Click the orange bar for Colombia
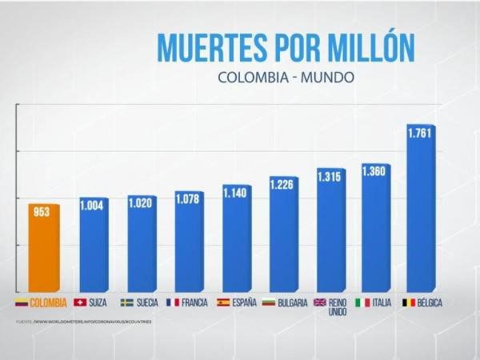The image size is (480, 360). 44,248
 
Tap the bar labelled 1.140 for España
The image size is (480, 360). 235,240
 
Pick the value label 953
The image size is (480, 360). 42,213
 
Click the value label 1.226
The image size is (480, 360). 282,185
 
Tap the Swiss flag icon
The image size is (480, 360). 80,302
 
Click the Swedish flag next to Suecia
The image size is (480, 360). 126,302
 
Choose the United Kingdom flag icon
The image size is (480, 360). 319,302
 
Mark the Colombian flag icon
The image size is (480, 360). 22,302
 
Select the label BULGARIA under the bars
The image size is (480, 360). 292,302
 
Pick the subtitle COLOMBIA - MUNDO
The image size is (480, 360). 285,78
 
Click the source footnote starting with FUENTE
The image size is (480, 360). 84,322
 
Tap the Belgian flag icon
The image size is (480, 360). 408,302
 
